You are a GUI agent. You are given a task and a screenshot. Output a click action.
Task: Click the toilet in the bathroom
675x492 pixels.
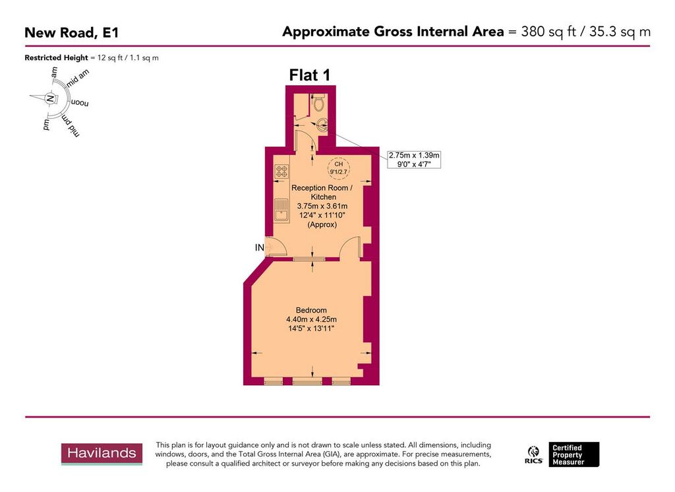(x=319, y=103)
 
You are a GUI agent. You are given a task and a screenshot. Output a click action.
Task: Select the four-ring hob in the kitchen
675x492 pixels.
(x=281, y=171)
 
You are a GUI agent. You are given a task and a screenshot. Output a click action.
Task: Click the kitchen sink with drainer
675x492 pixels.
(x=280, y=208)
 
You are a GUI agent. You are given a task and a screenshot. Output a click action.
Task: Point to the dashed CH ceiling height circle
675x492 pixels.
(x=339, y=168)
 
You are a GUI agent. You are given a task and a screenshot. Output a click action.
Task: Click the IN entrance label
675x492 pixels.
(x=260, y=247)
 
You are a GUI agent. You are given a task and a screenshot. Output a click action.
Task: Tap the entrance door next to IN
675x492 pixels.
(x=276, y=245)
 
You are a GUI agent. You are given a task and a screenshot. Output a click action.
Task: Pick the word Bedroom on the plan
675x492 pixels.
(x=311, y=310)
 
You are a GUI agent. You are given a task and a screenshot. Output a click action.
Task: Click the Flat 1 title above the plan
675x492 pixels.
(x=310, y=75)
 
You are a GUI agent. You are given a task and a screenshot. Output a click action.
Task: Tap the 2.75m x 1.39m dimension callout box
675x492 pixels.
(x=414, y=159)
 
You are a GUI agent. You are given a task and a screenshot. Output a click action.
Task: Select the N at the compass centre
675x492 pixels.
(x=50, y=99)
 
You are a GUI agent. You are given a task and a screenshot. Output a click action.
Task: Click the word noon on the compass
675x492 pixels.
(x=79, y=104)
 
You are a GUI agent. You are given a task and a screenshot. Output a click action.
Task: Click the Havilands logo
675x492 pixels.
(x=102, y=453)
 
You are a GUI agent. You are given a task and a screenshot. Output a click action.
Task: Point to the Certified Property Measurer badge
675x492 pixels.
(x=575, y=454)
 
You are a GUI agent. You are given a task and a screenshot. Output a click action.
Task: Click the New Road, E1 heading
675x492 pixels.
(x=72, y=32)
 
